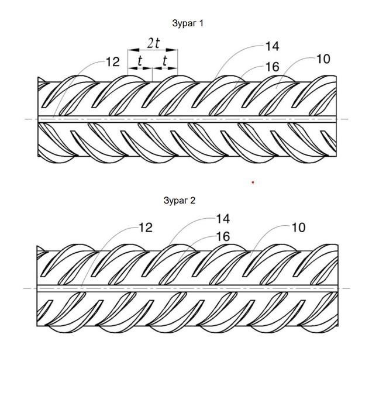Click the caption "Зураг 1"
click(x=188, y=23)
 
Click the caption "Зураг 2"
click(x=180, y=201)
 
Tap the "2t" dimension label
click(x=153, y=43)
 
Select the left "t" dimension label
click(x=140, y=61)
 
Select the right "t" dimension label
click(x=165, y=61)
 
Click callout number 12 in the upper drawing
click(x=113, y=62)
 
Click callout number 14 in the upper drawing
click(x=272, y=47)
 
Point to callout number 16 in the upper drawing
click(x=272, y=67)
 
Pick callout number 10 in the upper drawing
click(x=323, y=59)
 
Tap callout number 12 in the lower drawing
click(x=146, y=228)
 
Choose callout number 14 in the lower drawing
click(x=223, y=219)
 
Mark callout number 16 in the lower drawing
click(x=223, y=237)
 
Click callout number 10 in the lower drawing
click(x=299, y=228)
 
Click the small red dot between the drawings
click(x=253, y=182)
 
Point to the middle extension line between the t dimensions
click(x=153, y=75)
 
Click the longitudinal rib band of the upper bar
click(x=187, y=119)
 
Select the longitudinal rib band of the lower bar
click(x=187, y=288)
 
